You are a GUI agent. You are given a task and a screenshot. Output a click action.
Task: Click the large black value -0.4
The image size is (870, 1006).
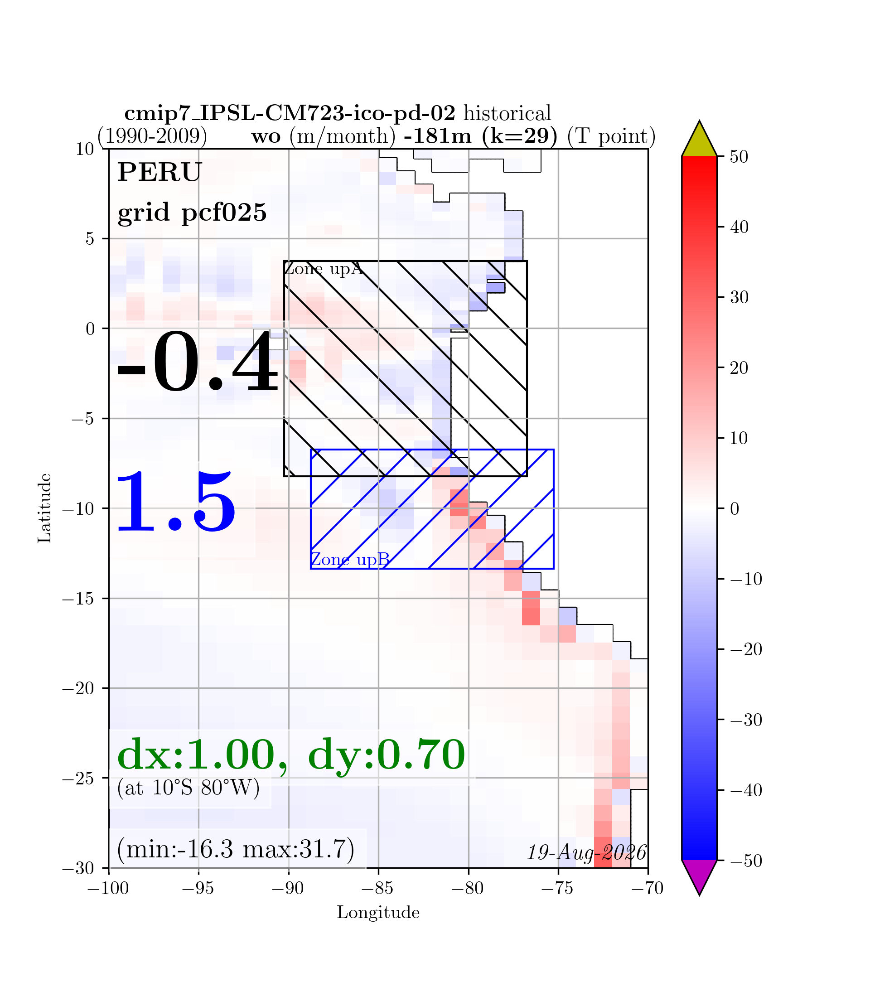coord(197,362)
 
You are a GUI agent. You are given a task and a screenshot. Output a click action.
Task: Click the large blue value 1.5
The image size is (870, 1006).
coord(175,503)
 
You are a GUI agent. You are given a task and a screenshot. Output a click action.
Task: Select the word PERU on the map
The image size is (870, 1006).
coord(159,172)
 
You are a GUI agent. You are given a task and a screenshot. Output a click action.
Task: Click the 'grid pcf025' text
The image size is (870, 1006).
coord(192,213)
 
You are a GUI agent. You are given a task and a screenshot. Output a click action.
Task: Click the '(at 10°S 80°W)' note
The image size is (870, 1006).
coord(188,788)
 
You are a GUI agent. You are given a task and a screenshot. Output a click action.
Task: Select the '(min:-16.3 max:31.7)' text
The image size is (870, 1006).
coord(236,849)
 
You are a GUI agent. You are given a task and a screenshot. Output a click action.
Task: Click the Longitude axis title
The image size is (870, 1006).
coord(378,913)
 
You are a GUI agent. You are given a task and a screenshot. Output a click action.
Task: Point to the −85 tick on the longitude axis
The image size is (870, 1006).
coord(378,889)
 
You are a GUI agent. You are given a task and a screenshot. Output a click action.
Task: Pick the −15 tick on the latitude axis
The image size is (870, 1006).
coord(77,599)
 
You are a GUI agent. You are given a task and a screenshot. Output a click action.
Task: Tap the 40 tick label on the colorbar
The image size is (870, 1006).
coord(739,227)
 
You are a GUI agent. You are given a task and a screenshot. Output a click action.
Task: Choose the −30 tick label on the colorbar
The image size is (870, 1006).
coord(746,720)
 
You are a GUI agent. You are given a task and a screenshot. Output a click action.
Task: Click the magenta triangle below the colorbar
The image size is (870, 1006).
coord(699,878)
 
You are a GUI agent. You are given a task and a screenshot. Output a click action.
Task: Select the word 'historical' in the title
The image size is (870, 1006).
coord(507,114)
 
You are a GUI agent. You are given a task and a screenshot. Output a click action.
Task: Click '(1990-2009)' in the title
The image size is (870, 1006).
coord(152,136)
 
